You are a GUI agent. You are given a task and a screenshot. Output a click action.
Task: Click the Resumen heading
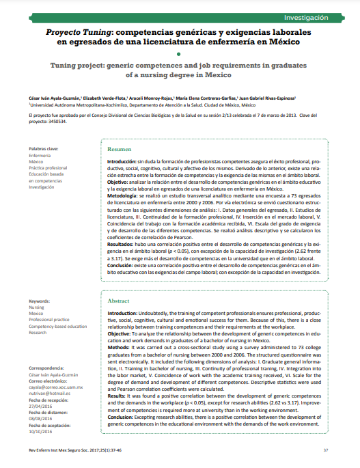pyautogui.click(x=120, y=148)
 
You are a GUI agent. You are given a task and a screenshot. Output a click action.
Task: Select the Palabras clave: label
pyautogui.click(x=44, y=148)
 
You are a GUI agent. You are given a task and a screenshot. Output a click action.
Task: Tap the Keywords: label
pyautogui.click(x=40, y=301)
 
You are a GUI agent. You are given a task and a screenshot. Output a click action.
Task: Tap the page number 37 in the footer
pyautogui.click(x=326, y=450)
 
